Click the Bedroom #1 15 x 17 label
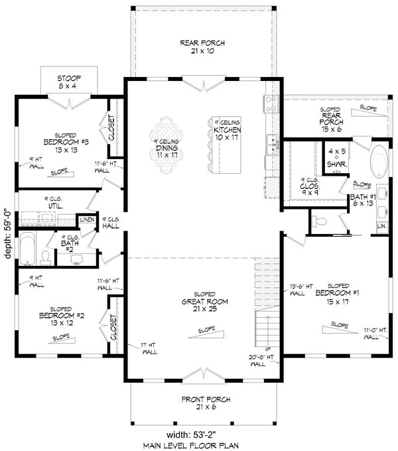[334, 297]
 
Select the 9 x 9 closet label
[310, 184]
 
